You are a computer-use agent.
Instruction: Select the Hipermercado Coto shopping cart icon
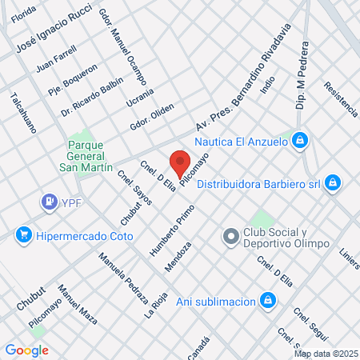click(23, 234)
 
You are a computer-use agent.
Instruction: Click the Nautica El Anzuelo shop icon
click(299, 141)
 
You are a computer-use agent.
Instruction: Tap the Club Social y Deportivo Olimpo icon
click(229, 236)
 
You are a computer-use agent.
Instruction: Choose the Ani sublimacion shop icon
click(269, 301)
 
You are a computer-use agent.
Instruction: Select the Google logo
click(26, 350)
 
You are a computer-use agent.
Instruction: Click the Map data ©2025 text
click(325, 353)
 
